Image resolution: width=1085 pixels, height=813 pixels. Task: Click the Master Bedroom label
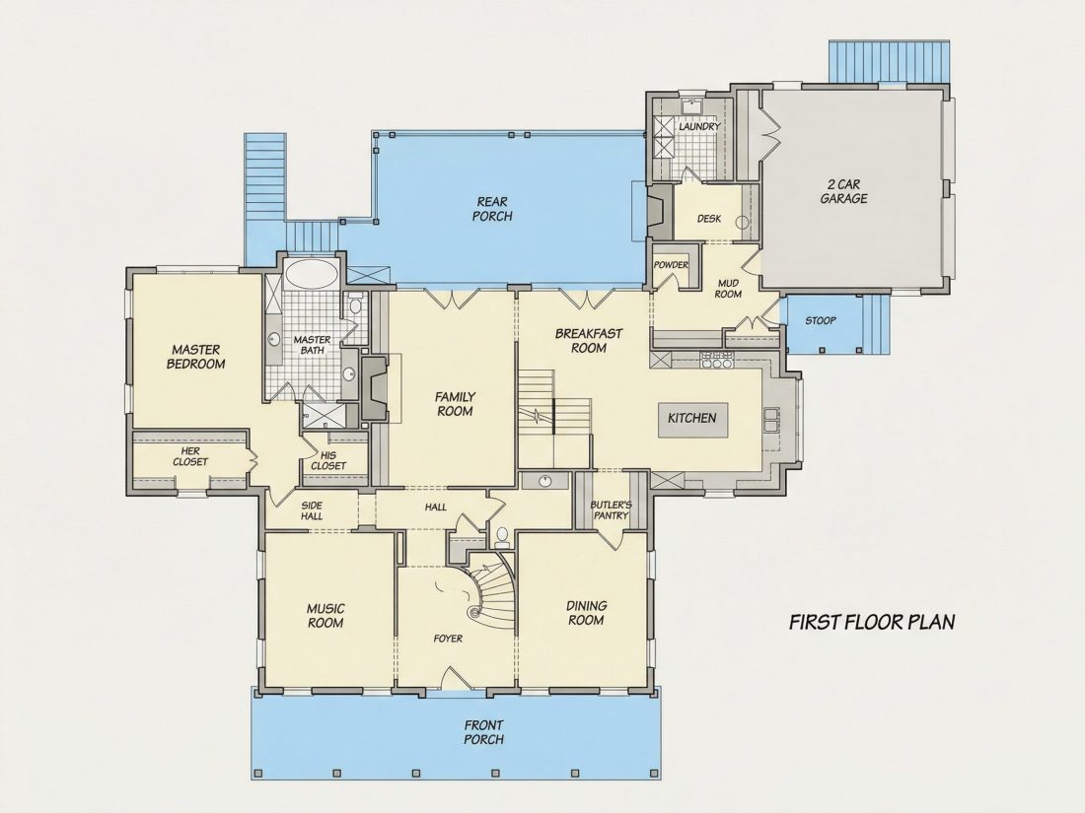tap(196, 357)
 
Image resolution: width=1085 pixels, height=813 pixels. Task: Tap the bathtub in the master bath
tap(312, 274)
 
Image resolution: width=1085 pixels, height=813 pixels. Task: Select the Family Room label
tap(455, 404)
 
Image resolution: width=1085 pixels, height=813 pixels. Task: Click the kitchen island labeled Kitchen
tap(692, 420)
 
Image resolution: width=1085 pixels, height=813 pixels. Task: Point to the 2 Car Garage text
tap(843, 191)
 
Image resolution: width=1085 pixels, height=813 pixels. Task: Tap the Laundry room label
tap(699, 127)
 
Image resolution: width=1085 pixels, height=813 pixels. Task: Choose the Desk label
tap(708, 219)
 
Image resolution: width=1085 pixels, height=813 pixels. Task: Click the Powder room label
tap(671, 265)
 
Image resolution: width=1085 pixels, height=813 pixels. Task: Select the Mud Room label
tap(728, 289)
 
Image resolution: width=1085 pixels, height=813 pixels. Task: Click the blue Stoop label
tap(820, 321)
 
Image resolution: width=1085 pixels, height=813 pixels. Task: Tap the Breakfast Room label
tap(589, 341)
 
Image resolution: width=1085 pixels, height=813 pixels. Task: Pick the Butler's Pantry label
tap(611, 510)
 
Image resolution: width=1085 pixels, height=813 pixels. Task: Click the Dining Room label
tap(586, 613)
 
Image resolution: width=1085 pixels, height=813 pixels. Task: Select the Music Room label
tap(325, 616)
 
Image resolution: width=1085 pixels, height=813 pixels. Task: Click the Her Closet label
tap(190, 456)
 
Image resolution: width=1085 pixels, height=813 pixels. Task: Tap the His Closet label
tap(328, 460)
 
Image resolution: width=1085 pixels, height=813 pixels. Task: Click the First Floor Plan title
tap(872, 622)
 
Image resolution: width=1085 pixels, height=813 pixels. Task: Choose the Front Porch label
tap(483, 732)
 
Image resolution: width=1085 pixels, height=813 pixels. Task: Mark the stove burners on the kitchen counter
tap(717, 360)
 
